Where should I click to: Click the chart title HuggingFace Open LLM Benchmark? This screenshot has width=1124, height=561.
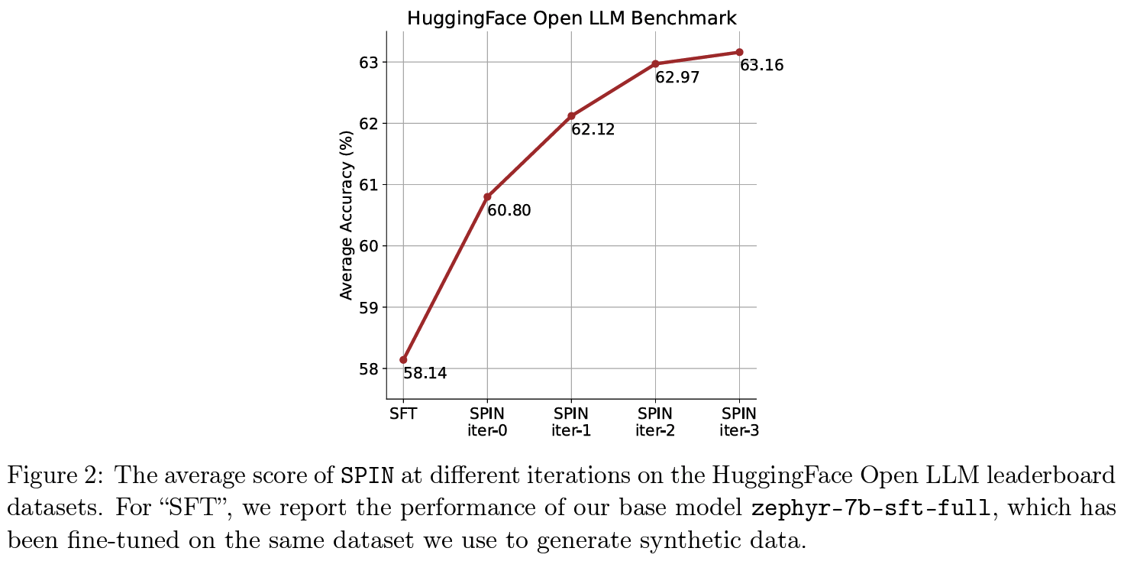point(571,18)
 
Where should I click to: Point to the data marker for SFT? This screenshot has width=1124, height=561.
point(403,359)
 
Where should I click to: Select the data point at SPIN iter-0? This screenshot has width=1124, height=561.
point(487,196)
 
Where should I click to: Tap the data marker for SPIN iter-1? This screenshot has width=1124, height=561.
point(571,115)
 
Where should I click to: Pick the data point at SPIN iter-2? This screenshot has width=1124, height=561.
point(655,63)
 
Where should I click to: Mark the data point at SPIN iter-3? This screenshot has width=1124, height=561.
point(739,52)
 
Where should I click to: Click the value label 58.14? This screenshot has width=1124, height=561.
point(425,374)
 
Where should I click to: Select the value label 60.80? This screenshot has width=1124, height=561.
point(509,210)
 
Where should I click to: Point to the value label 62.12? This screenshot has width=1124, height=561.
point(593,130)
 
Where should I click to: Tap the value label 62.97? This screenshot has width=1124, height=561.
point(677,77)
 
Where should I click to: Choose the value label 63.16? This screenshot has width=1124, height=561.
point(762,66)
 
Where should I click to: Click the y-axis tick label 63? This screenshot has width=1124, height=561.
point(369,62)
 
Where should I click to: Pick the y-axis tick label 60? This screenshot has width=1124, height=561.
point(369,246)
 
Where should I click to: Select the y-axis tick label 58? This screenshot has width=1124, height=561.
point(369,369)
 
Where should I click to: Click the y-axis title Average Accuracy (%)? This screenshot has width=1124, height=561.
point(347,215)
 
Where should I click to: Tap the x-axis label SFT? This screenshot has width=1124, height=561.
point(403,414)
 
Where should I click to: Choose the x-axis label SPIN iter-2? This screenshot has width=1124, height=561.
point(655,422)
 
